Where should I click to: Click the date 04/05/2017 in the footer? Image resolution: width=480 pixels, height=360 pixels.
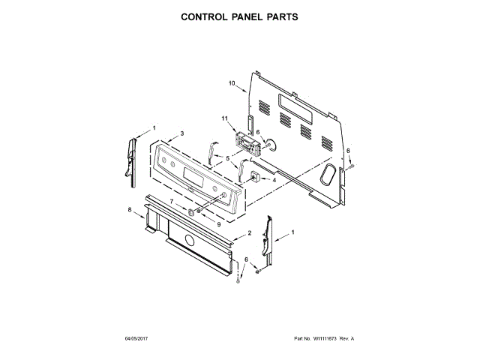[x=139, y=339]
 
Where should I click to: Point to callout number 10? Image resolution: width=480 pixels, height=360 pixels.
[x=232, y=82]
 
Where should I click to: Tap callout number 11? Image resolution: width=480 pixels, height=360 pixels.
[x=225, y=118]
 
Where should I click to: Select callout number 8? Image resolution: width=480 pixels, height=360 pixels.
[x=129, y=209]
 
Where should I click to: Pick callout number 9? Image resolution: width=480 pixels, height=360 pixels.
[x=218, y=223]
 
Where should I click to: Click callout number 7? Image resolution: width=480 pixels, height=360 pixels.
[x=171, y=202]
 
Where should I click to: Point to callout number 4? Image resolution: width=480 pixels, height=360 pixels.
[x=274, y=180]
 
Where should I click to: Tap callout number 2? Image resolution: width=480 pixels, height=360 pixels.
[x=249, y=234]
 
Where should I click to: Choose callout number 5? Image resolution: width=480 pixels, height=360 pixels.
[x=227, y=159]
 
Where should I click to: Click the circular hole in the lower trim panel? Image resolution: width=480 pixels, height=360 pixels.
[x=189, y=241]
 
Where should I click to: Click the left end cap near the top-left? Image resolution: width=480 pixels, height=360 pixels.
[x=133, y=157]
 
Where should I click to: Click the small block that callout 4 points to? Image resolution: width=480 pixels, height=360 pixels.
[x=254, y=178]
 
